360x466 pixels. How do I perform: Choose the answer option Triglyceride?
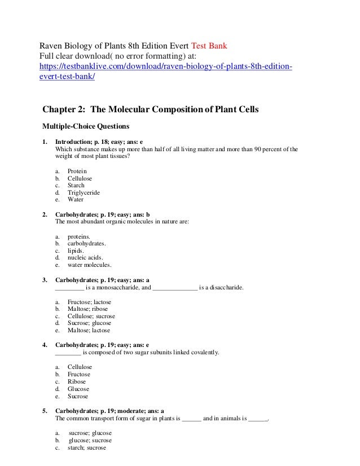point(84,192)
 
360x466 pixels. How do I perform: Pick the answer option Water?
point(76,200)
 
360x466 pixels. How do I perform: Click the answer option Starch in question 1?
point(76,185)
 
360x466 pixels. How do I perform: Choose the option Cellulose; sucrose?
point(91,316)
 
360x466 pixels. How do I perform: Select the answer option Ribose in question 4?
point(77,381)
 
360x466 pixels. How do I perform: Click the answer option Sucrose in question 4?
point(78,396)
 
